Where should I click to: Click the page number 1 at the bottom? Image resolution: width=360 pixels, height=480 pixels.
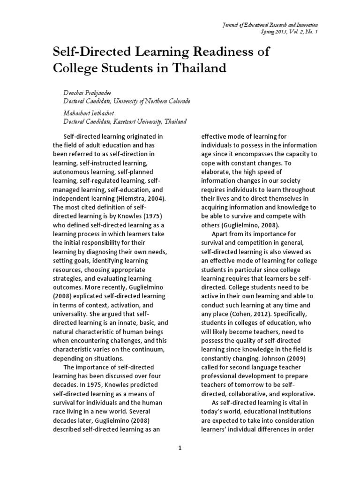(180, 449)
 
